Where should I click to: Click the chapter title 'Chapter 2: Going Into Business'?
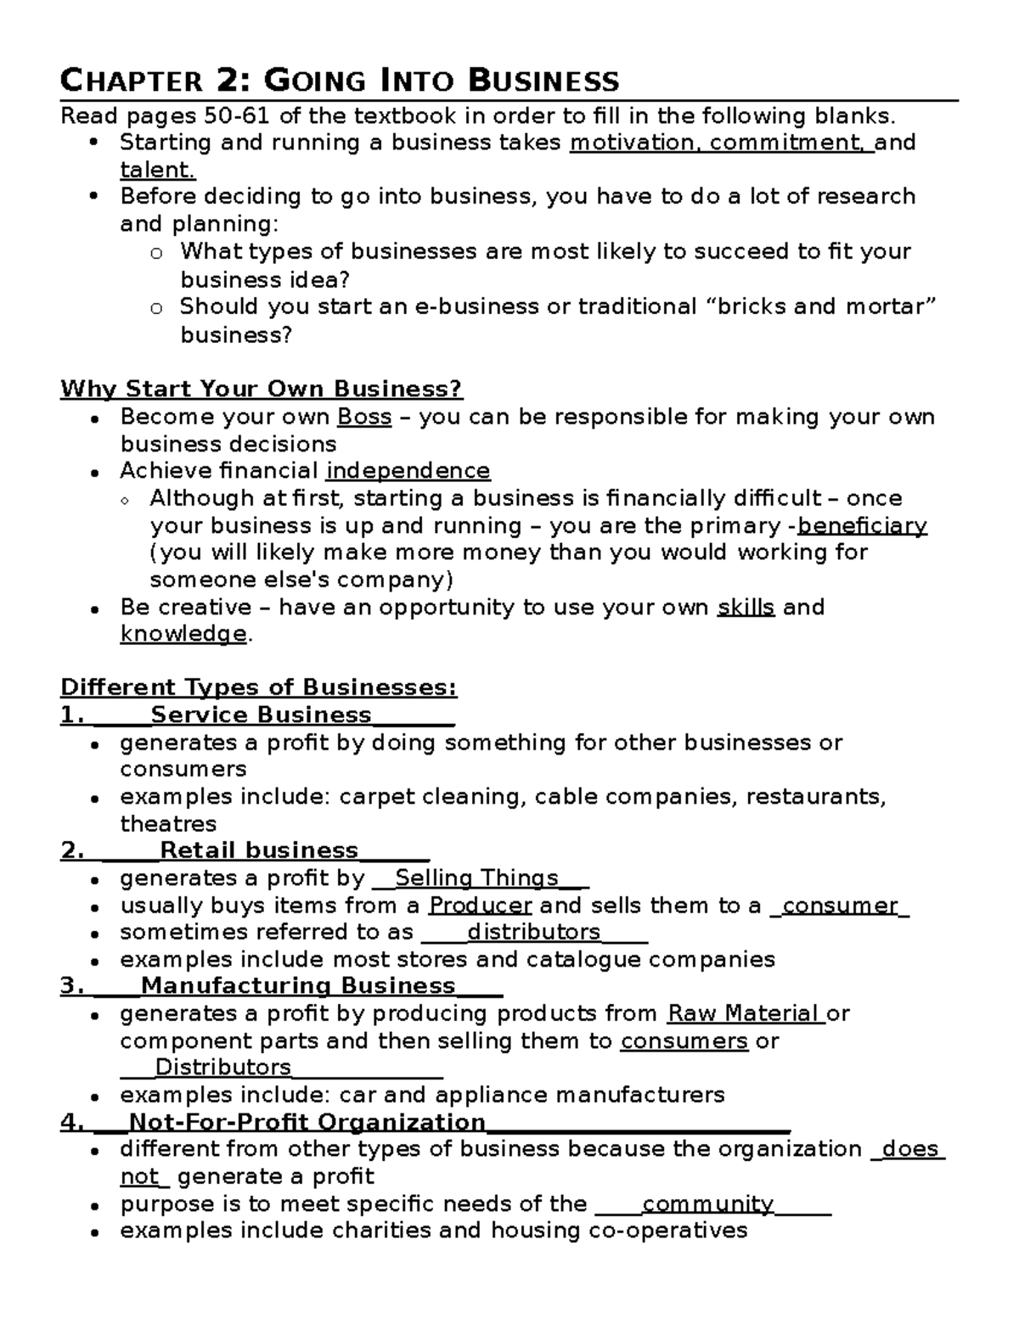tap(340, 81)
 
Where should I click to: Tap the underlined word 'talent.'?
tap(158, 170)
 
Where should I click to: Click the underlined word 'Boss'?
tap(364, 417)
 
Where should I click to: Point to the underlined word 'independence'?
tap(408, 471)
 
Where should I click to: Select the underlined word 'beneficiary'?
tap(862, 525)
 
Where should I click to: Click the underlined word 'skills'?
tap(746, 608)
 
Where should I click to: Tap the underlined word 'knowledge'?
tap(183, 634)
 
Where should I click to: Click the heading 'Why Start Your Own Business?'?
tap(262, 390)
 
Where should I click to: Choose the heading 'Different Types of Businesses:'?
tap(259, 687)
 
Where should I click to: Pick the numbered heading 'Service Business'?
tap(261, 715)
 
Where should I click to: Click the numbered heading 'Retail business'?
tap(259, 850)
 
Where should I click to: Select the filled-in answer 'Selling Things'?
tap(477, 878)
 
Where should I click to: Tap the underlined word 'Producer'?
tap(480, 906)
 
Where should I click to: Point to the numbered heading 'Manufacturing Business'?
tap(298, 986)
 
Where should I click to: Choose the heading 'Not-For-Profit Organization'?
tap(307, 1122)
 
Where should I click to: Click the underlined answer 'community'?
tap(707, 1204)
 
